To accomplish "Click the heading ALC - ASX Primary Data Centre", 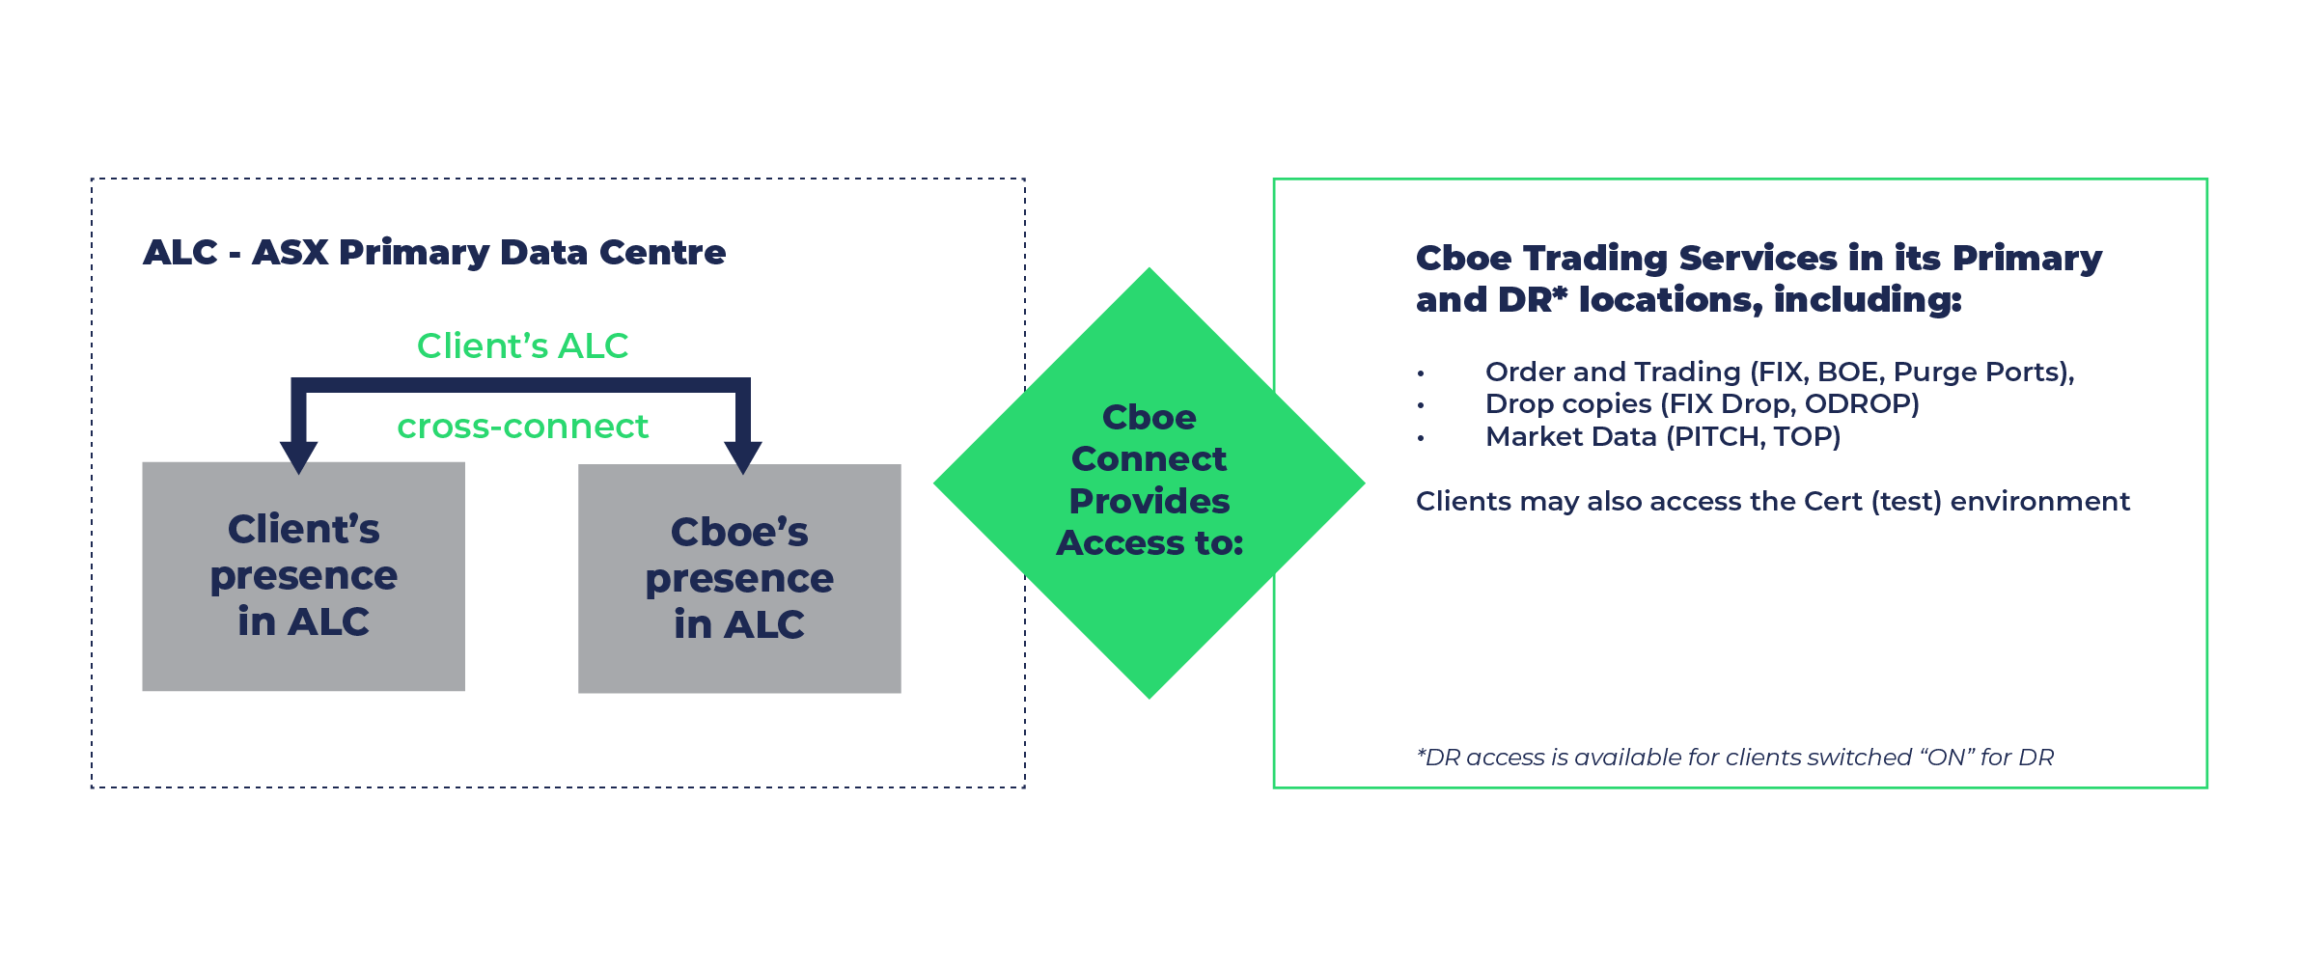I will (x=433, y=253).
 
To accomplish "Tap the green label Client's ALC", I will (x=522, y=346).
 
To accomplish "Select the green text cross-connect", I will (x=522, y=427).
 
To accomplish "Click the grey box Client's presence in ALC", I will (x=303, y=576).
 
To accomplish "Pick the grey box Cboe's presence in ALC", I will (x=739, y=578).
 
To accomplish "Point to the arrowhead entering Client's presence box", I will (x=299, y=456).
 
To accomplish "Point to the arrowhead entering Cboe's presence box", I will (x=743, y=456).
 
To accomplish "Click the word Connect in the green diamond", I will (x=1149, y=459).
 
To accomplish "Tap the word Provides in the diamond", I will (x=1149, y=502).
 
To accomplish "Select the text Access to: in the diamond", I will (x=1149, y=543).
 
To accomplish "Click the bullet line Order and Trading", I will (x=1779, y=373).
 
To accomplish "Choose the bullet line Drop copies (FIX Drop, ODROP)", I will (x=1702, y=404).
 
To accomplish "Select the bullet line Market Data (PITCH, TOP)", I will (x=1662, y=437).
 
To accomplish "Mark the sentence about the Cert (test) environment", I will (x=1772, y=502).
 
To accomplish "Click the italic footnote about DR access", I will (x=1734, y=758).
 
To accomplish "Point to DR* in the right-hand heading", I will (x=1533, y=300).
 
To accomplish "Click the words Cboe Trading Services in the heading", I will (x=1626, y=259).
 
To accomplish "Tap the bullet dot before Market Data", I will (x=1421, y=438).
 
